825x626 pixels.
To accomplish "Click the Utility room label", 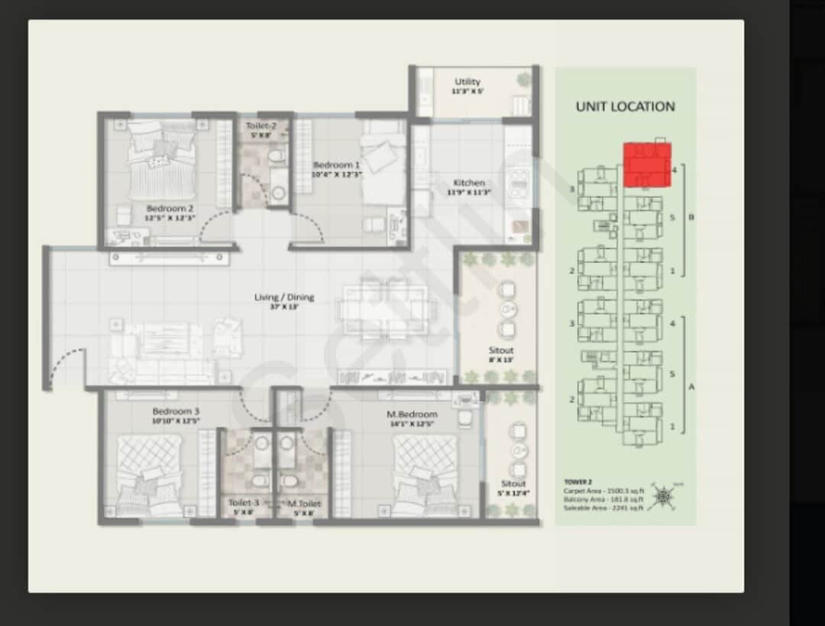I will pos(467,82).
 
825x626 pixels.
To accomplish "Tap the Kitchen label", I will pos(469,183).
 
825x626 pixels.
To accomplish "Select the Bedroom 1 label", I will pos(337,165).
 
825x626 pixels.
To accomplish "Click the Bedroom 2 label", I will pos(170,208).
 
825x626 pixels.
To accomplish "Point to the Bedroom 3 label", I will pos(176,412).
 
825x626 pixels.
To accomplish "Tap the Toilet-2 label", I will pos(260,126).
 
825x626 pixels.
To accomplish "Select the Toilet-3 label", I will pos(244,503).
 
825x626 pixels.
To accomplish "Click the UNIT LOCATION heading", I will pos(625,107).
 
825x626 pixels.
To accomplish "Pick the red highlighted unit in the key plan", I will pos(647,164).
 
